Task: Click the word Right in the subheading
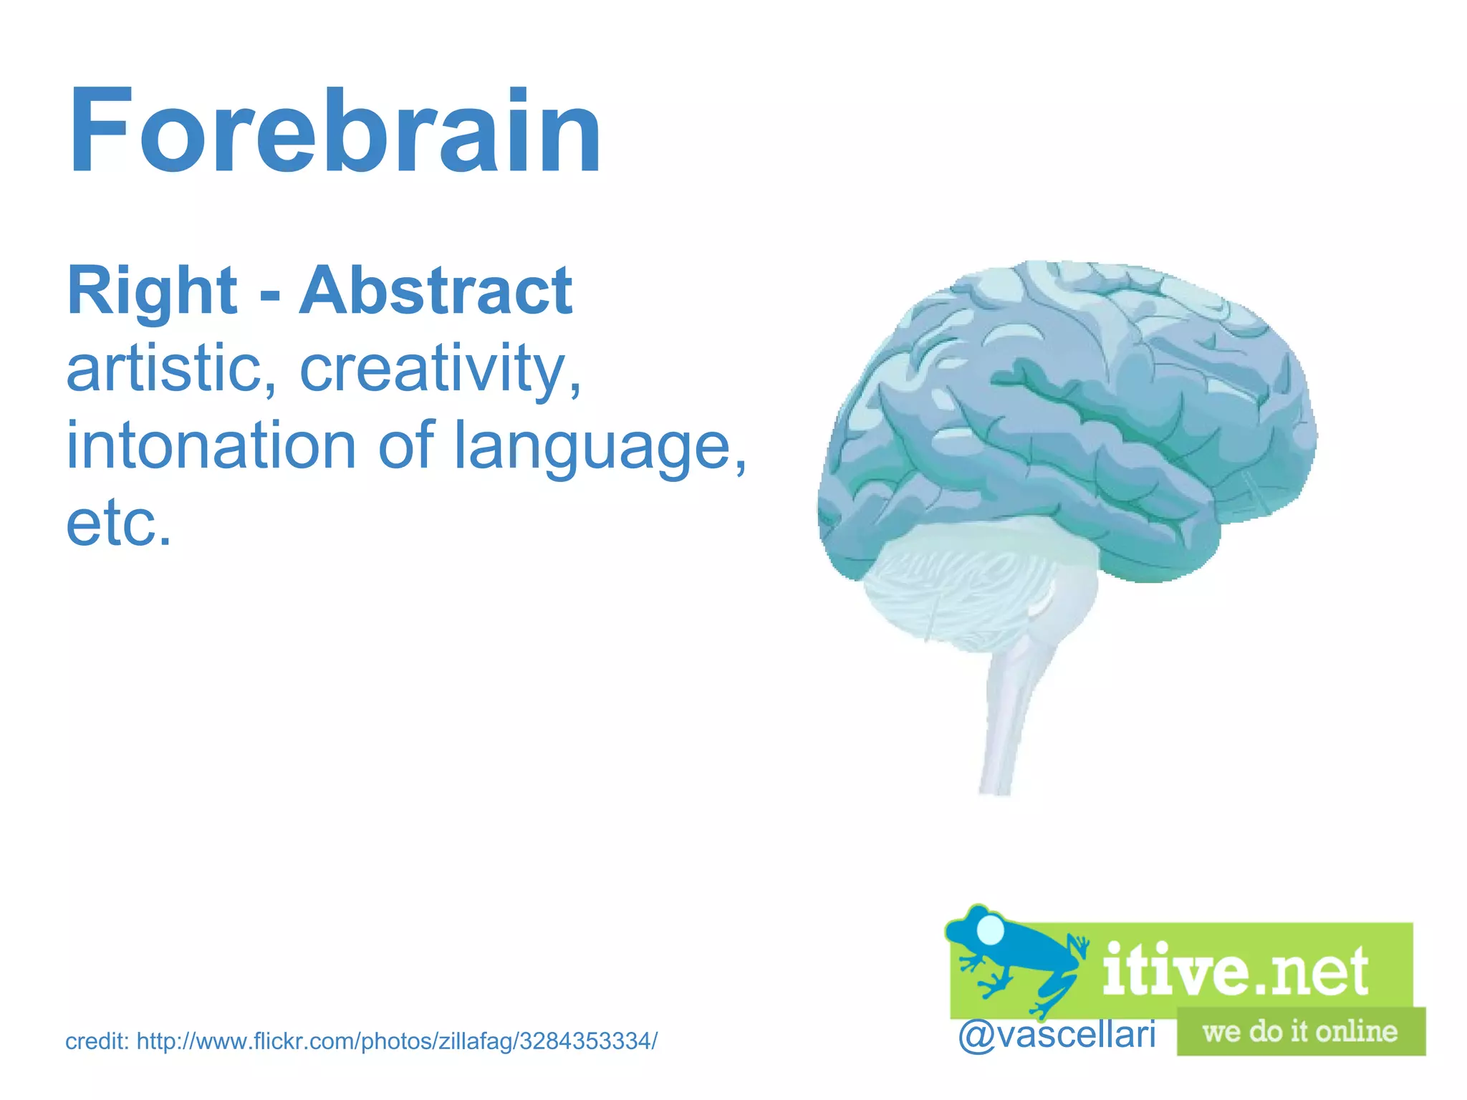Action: pos(152,291)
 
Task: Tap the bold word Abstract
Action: pos(436,291)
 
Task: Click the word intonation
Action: pos(211,445)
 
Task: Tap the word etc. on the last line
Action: pos(119,523)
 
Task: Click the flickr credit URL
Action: pos(397,1041)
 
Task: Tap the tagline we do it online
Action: pos(1299,1032)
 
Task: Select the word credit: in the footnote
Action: pos(97,1041)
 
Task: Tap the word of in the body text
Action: pos(405,445)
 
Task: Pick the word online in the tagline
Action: pos(1356,1032)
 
